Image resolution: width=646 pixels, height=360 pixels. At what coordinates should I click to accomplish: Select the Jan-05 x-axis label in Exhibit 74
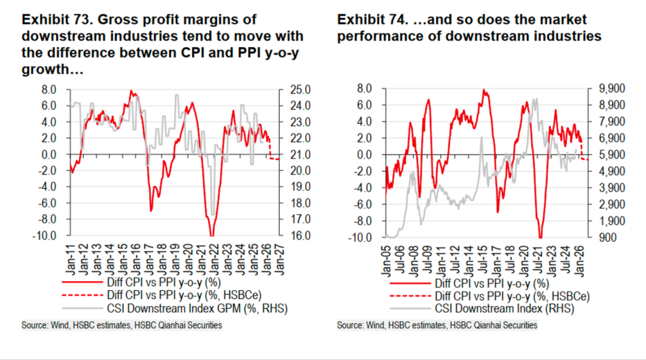pos(388,259)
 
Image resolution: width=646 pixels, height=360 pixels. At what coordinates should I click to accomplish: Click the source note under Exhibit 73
pos(121,325)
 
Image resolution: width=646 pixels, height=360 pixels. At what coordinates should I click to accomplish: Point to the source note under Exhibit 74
pos(437,325)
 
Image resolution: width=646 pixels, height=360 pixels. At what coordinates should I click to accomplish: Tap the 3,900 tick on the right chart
pos(610,188)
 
